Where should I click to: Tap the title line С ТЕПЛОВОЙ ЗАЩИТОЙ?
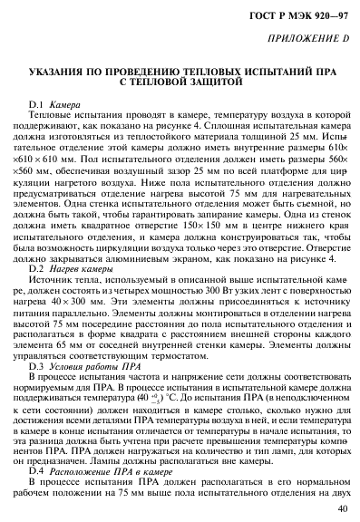click(180, 82)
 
